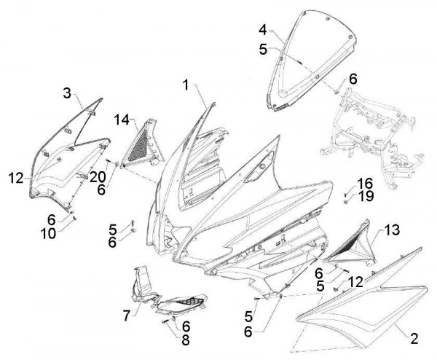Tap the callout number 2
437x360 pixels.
pyautogui.click(x=414, y=338)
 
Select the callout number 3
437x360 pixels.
pyautogui.click(x=66, y=93)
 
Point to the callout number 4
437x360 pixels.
pyautogui.click(x=263, y=30)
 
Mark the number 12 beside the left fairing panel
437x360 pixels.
pyautogui.click(x=17, y=177)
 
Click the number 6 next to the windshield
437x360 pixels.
pyautogui.click(x=353, y=79)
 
